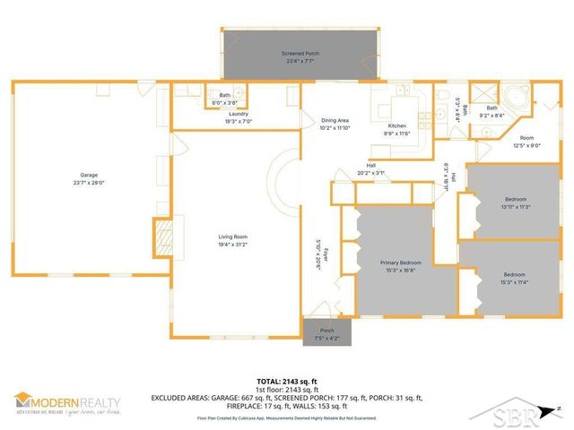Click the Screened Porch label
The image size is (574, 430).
[x=300, y=54]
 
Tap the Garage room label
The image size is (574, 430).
[x=88, y=175]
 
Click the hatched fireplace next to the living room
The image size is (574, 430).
[x=161, y=236]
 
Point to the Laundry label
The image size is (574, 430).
[x=238, y=114]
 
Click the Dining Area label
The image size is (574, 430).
[x=335, y=119]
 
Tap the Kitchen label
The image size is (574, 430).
[x=397, y=125]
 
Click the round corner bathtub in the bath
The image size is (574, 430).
[x=519, y=99]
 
